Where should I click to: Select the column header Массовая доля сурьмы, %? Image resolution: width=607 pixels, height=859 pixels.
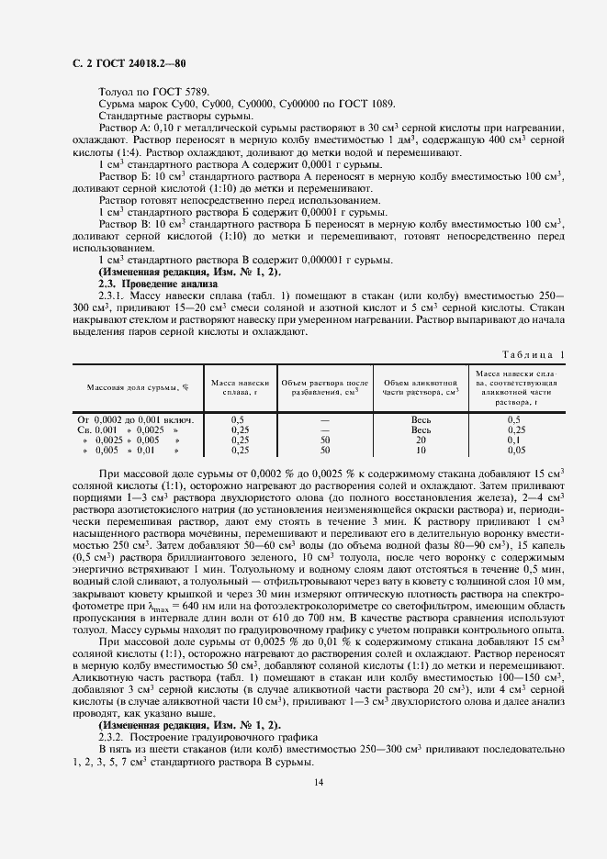(138, 387)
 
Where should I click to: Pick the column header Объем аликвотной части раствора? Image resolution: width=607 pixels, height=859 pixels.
(421, 387)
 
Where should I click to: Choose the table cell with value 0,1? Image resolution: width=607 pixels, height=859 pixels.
(514, 440)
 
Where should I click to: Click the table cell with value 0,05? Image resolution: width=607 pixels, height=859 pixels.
(514, 451)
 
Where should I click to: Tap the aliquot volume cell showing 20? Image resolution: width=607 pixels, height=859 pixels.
(421, 440)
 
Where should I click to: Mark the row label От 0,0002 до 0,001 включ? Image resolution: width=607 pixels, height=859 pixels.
(138, 418)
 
